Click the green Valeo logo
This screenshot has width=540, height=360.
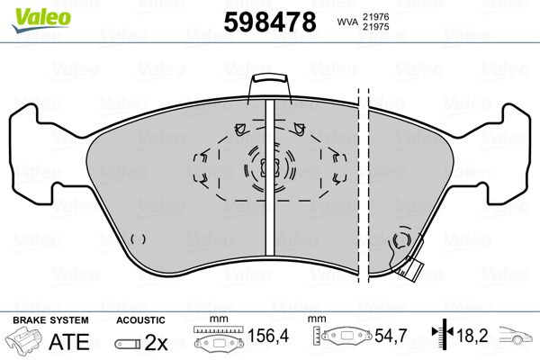click(41, 20)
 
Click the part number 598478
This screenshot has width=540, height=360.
click(270, 22)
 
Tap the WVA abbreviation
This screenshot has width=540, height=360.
click(348, 22)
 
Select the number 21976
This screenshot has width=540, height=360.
click(375, 16)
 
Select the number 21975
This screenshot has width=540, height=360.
click(375, 27)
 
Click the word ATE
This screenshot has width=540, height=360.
click(69, 342)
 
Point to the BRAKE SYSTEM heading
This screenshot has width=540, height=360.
click(50, 320)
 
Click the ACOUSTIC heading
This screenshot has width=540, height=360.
click(141, 320)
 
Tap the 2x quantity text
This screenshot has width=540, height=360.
click(156, 342)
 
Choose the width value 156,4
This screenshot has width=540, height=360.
click(268, 336)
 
